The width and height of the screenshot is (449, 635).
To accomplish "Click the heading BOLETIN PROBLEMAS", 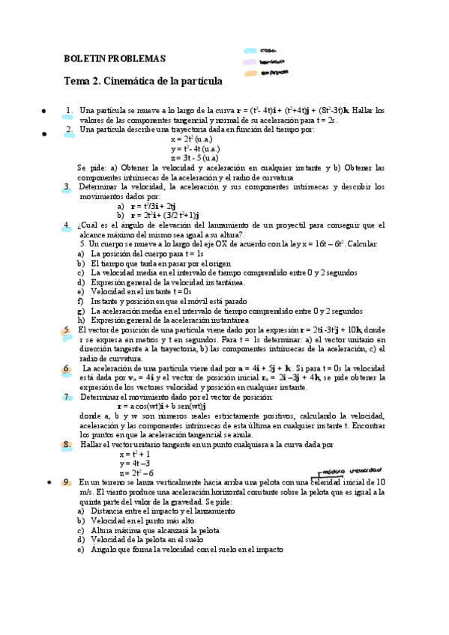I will tap(115, 58).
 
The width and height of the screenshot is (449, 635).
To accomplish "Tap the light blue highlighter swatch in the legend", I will tap(250, 51).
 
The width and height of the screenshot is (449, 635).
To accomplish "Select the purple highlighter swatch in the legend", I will tap(250, 61).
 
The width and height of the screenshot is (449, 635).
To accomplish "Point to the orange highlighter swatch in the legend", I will tap(250, 73).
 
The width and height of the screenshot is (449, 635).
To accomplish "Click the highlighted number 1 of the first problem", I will tap(68, 110).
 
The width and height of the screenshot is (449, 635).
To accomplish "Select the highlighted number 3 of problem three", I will tap(67, 186).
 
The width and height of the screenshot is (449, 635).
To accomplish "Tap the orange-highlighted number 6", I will tap(67, 368).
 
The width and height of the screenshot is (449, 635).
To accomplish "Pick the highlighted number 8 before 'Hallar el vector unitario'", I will tap(67, 444).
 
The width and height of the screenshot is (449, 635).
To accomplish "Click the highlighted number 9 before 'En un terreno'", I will tap(67, 481).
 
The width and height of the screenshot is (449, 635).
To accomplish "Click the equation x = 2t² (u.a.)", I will tap(195, 139).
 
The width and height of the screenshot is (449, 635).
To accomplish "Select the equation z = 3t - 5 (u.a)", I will tap(195, 158).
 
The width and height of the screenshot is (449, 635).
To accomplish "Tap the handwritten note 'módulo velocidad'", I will tap(352, 471).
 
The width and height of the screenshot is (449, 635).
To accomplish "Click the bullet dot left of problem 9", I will tap(47, 482).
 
